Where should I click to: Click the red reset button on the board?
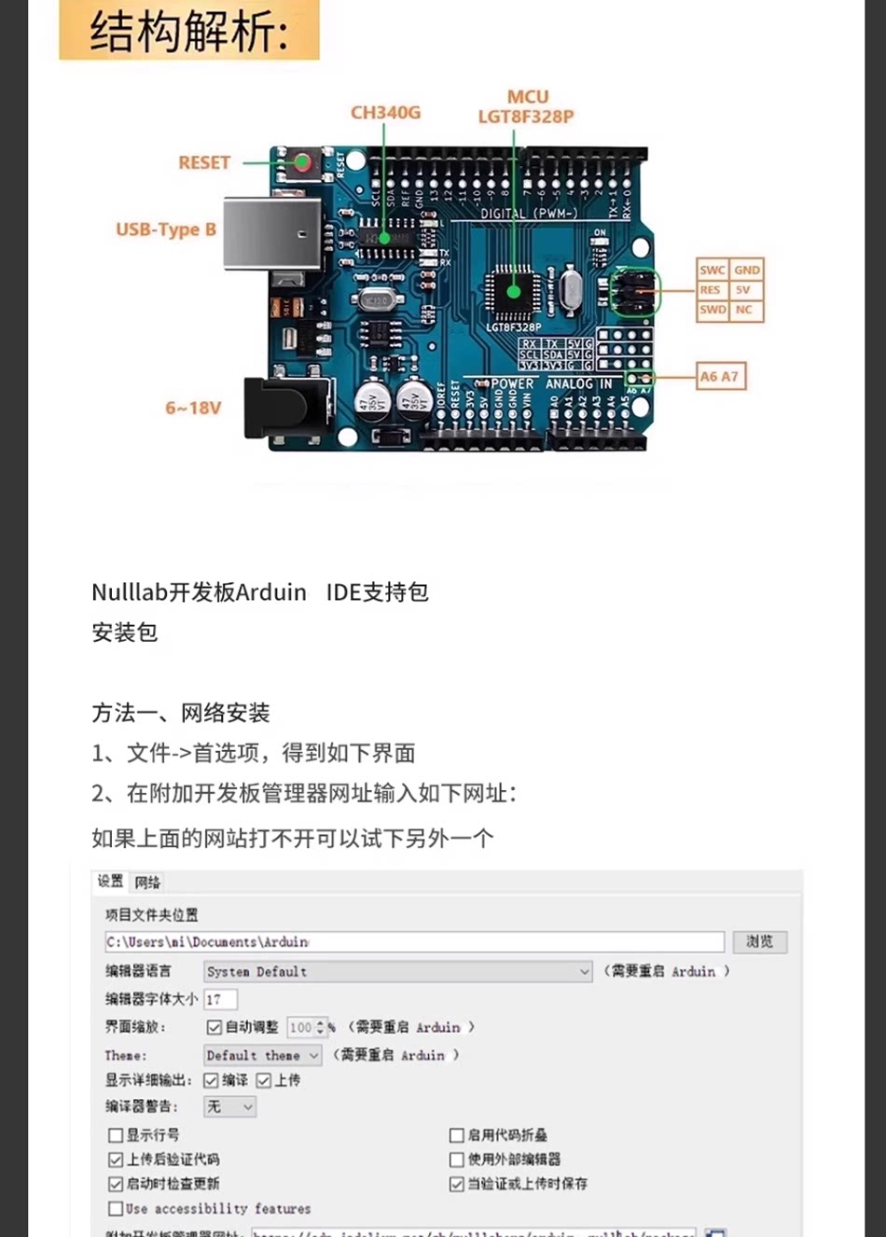coord(302,163)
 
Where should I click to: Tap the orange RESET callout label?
coord(204,162)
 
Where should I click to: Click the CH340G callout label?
coord(385,113)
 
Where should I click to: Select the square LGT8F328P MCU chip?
coord(513,291)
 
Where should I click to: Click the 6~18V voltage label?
coord(193,408)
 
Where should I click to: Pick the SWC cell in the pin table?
coord(713,270)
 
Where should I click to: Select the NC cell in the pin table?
coord(744,310)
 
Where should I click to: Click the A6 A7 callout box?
coord(720,377)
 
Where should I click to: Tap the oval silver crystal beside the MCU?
coord(571,290)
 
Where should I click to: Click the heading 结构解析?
coord(189,33)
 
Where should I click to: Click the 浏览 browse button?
coord(759,942)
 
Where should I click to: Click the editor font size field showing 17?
coord(220,1000)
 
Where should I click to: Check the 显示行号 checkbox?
coord(116,1135)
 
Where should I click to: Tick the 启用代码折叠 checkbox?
coord(457,1135)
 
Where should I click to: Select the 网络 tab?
coord(147,883)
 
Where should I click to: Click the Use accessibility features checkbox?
coord(116,1209)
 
